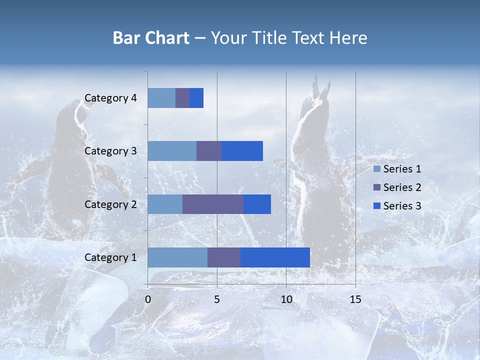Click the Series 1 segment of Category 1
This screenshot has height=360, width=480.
(177, 257)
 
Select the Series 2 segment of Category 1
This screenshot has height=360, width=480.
(224, 257)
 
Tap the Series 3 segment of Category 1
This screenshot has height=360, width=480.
(275, 257)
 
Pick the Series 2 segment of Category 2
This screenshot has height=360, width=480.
(213, 204)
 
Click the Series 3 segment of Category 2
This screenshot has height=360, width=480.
(257, 204)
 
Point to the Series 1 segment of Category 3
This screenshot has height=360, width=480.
(172, 151)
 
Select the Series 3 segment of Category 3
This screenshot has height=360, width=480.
(242, 151)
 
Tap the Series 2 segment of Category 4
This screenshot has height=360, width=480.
(182, 98)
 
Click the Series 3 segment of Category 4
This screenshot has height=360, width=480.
(196, 98)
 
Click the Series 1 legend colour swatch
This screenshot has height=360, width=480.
(377, 169)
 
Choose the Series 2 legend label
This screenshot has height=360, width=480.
(402, 187)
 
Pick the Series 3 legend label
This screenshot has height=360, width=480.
(402, 206)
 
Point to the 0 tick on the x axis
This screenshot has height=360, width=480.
(148, 299)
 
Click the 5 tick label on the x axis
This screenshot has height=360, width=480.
(217, 299)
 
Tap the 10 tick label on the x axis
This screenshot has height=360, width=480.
(286, 299)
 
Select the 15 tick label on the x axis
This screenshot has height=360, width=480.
(355, 299)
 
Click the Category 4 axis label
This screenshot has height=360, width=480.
(110, 98)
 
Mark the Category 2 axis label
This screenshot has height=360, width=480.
(110, 204)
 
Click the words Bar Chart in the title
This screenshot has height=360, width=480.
(151, 38)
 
